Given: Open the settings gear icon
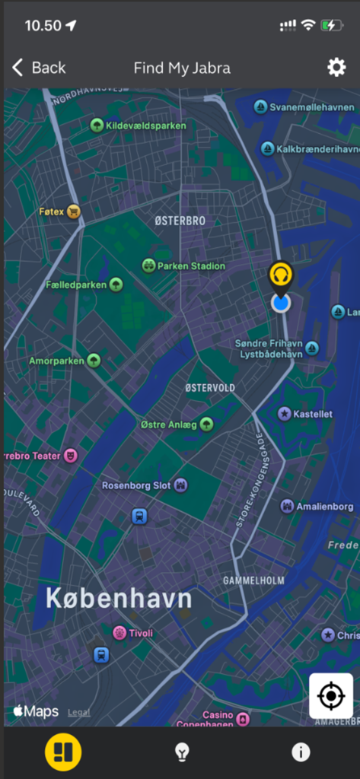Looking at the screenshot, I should coord(336,68).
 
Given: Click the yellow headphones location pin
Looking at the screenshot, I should coord(281,275).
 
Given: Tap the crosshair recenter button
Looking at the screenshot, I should coord(330,695).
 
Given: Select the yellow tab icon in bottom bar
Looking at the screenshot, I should coord(63,752).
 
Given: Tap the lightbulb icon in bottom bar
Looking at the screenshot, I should coord(181,752).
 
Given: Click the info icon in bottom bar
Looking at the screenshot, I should coord(301,752).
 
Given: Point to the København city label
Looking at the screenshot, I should coord(119,599).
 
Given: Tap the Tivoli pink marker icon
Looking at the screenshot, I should coord(119,633).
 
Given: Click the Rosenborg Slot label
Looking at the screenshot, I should coord(136,485).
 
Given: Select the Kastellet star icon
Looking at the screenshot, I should coord(285,414).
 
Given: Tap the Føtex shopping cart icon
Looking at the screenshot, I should coord(73,211).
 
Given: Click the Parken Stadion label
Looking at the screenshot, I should coord(191,266).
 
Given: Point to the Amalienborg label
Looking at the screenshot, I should coord(324,507).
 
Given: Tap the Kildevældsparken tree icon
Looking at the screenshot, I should coord(97,125).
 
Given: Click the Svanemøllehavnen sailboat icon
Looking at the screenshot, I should coord(260,107).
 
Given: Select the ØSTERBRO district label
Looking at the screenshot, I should coord(180,221).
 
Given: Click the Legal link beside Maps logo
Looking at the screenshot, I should coord(78,713).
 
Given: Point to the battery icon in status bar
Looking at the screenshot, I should coord(331,25).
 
